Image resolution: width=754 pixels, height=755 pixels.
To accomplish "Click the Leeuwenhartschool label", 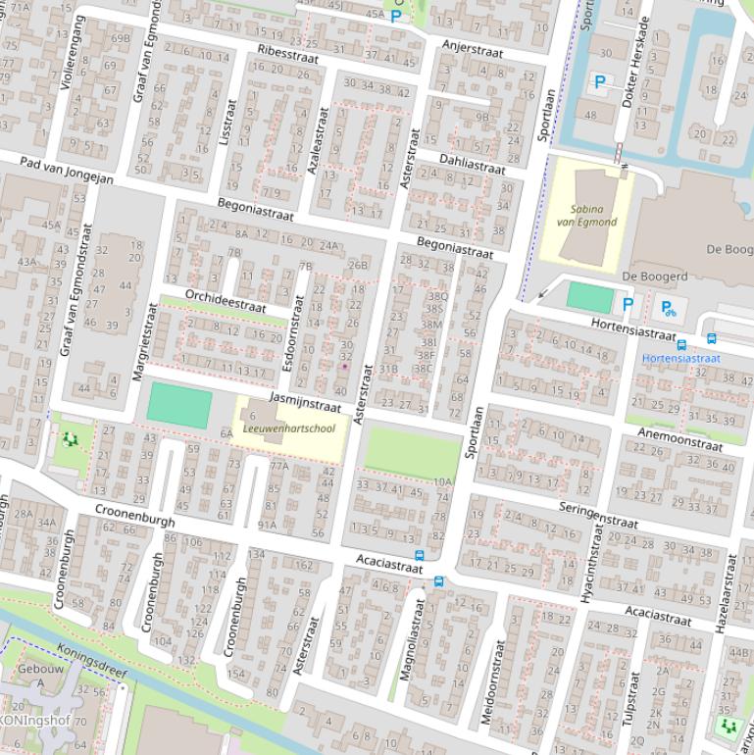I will click(288, 428).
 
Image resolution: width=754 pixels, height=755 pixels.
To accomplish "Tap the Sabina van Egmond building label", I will click(586, 216).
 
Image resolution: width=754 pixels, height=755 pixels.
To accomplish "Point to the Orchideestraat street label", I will click(226, 300).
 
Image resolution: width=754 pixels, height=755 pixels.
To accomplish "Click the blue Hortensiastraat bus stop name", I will click(680, 359).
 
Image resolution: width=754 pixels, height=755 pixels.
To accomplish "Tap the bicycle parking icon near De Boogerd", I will click(668, 309).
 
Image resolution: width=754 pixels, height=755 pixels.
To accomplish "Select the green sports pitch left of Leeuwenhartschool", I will click(179, 406).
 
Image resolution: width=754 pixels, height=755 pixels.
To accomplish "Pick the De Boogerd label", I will click(654, 277).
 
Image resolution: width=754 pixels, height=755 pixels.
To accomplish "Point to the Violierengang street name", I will click(71, 53).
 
